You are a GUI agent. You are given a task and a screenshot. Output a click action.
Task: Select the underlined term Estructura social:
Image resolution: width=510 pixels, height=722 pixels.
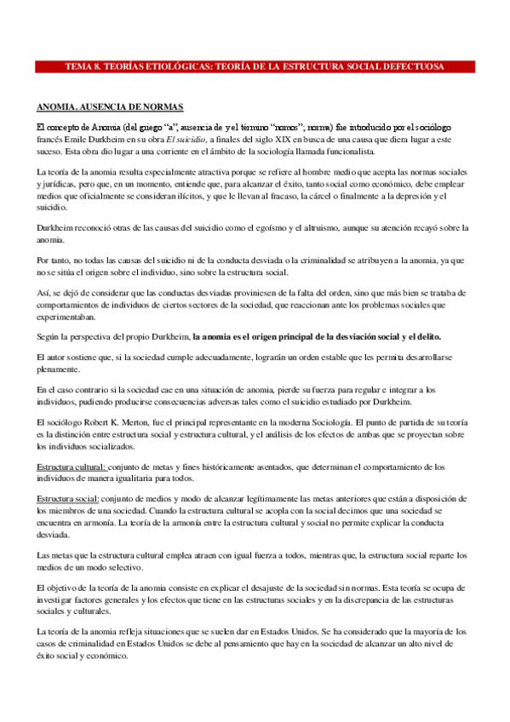pyautogui.click(x=68, y=497)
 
